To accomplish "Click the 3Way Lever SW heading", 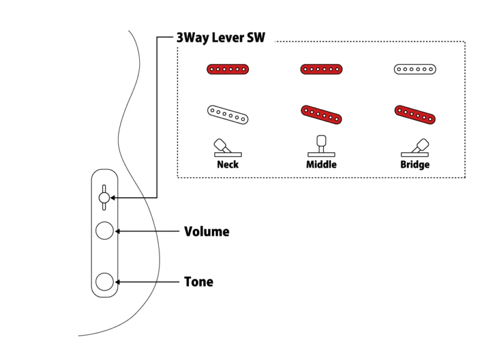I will pyautogui.click(x=221, y=37).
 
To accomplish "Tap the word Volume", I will pyautogui.click(x=206, y=231).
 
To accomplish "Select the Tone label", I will pyautogui.click(x=199, y=281).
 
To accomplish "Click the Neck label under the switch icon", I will pyautogui.click(x=227, y=164).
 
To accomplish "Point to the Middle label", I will pyautogui.click(x=321, y=164).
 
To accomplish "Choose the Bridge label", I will pyautogui.click(x=415, y=164).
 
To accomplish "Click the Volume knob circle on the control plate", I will pyautogui.click(x=105, y=231).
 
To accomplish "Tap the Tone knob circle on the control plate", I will pyautogui.click(x=105, y=281).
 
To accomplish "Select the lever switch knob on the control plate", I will pyautogui.click(x=104, y=197).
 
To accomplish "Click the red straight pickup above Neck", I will pyautogui.click(x=227, y=70).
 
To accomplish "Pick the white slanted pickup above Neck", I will pyautogui.click(x=228, y=115).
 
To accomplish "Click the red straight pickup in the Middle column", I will pyautogui.click(x=321, y=70).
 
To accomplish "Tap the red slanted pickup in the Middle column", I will pyautogui.click(x=321, y=115).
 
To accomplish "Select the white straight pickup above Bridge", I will pyautogui.click(x=415, y=70).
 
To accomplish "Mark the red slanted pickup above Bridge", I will pyautogui.click(x=415, y=115).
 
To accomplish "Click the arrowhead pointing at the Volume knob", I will pyautogui.click(x=118, y=231).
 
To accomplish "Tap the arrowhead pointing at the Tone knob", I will pyautogui.click(x=118, y=281).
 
